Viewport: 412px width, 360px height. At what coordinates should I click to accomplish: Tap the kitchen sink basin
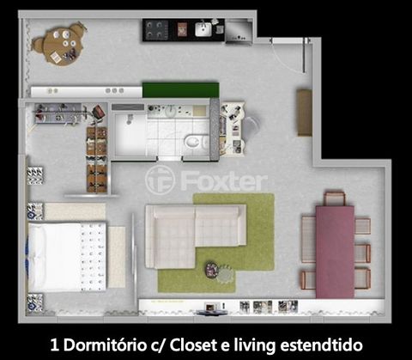click(x=203, y=29)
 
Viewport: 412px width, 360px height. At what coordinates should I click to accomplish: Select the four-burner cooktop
click(x=156, y=29)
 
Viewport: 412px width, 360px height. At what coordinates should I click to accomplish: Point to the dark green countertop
click(x=181, y=90)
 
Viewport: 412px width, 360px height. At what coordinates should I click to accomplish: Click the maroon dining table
click(x=335, y=252)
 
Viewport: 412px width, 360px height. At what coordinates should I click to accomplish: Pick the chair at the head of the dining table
click(x=335, y=198)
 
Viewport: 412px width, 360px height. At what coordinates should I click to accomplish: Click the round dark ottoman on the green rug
click(x=212, y=270)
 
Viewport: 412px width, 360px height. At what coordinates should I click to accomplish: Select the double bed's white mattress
click(x=68, y=257)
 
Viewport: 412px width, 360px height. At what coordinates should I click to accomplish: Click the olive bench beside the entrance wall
click(x=304, y=113)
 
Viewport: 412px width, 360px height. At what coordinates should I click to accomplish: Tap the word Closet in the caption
click(x=194, y=345)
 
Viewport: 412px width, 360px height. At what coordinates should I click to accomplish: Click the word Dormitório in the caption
click(x=105, y=345)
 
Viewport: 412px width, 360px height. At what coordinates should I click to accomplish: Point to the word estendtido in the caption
click(x=321, y=345)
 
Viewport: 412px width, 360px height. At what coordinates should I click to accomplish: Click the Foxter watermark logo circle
click(x=160, y=180)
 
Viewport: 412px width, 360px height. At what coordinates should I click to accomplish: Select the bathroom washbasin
click(x=171, y=111)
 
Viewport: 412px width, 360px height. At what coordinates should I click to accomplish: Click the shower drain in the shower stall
click(x=130, y=119)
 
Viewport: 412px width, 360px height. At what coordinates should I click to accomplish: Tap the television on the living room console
click(x=211, y=308)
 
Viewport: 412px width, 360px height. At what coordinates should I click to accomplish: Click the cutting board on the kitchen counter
click(x=182, y=29)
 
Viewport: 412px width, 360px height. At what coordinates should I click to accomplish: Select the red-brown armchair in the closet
click(x=99, y=112)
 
